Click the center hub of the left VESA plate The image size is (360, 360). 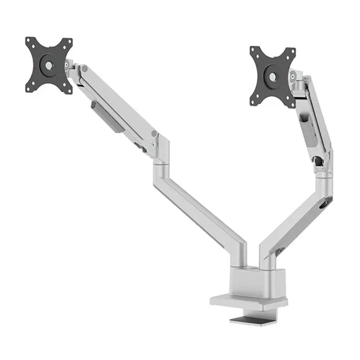pyautogui.click(x=48, y=65)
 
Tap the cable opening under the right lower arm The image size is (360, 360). pyautogui.click(x=280, y=250)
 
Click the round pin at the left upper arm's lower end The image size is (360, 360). pyautogui.click(x=154, y=134)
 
